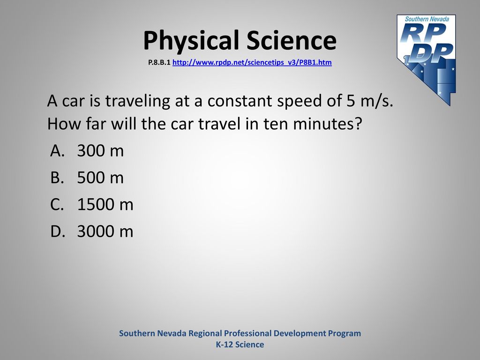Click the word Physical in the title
click(191, 41)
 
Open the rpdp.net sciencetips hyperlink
click(252, 62)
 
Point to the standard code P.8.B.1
click(159, 62)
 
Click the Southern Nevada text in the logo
click(427, 19)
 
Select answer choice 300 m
click(100, 150)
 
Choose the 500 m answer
click(100, 178)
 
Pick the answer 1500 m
click(105, 204)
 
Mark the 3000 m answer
click(105, 231)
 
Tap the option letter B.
click(57, 178)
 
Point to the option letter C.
click(57, 204)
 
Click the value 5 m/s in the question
click(370, 101)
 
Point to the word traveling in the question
click(137, 101)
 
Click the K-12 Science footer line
click(240, 345)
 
